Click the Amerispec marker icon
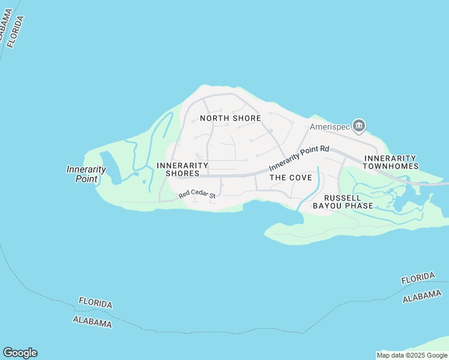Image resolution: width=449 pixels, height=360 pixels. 359,125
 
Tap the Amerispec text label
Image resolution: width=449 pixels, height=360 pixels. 330,127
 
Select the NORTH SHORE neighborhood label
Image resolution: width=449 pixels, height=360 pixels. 231,118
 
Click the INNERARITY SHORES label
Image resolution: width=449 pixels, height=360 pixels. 182,169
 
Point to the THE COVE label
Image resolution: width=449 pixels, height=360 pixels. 291,178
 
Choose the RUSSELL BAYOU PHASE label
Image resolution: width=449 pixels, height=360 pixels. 343,202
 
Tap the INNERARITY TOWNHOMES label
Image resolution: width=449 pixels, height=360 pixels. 391,162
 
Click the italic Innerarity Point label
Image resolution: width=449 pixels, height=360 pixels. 86,174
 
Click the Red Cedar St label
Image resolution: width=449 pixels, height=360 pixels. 197,194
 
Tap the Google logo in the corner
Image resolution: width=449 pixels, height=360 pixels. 20,353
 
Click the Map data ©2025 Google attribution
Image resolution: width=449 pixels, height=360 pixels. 412,356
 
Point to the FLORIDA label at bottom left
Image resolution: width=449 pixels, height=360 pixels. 95,303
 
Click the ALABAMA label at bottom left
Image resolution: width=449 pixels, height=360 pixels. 92,322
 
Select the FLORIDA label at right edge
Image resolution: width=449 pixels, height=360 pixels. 418,278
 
